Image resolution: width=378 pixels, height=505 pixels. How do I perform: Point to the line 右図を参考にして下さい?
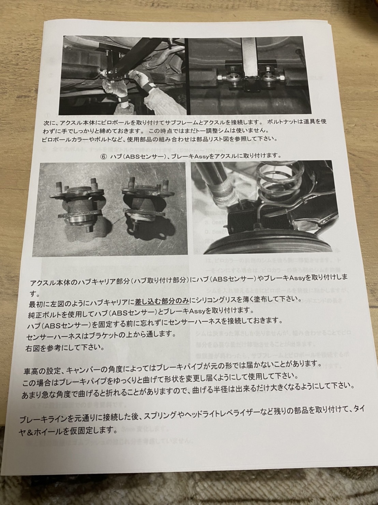65,348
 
